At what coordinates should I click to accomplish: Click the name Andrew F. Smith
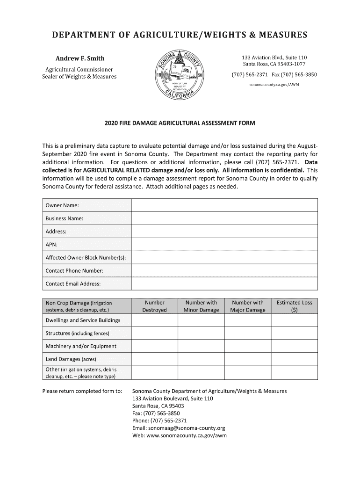click(80, 58)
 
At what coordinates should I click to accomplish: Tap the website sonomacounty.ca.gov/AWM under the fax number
click(274, 85)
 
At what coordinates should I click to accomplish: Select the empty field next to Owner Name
click(224, 205)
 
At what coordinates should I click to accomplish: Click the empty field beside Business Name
click(224, 218)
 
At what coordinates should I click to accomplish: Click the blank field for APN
click(224, 244)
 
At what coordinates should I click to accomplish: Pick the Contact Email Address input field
click(224, 283)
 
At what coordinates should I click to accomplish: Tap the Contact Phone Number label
click(74, 270)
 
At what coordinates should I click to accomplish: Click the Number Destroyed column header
click(154, 306)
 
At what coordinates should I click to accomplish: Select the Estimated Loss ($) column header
click(294, 306)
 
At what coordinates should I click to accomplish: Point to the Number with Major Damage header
click(248, 306)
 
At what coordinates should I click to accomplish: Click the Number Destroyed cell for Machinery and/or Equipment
click(154, 346)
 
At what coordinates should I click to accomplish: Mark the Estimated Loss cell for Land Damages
click(294, 359)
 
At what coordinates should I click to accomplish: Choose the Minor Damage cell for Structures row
click(201, 333)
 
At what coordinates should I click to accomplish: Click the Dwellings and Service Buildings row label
click(83, 320)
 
